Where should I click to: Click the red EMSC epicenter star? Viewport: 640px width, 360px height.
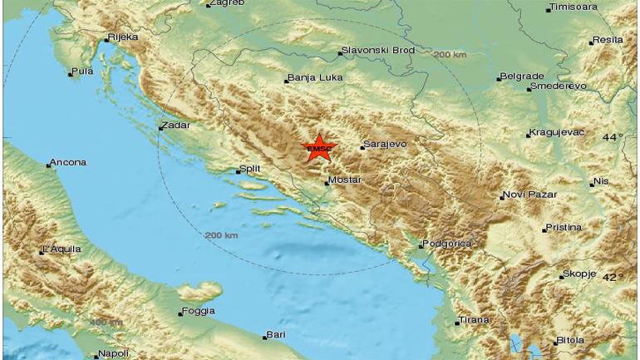pos(318,149)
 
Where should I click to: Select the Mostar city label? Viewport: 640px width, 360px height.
pos(345,180)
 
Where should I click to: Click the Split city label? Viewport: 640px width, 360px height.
pos(250,169)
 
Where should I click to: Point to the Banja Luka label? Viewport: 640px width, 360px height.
pos(314,79)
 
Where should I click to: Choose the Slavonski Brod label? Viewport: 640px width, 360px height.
pos(379,52)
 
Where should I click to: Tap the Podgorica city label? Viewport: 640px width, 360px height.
pos(447,244)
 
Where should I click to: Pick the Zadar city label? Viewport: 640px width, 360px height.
pos(177,126)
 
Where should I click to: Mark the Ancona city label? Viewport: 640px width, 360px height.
pos(68,162)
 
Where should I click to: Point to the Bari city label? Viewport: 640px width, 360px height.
pos(276,335)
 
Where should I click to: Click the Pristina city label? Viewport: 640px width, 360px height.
pos(564,227)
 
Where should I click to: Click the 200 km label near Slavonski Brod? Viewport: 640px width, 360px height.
pos(450,55)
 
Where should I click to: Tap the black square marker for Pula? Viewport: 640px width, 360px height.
pos(71,75)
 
